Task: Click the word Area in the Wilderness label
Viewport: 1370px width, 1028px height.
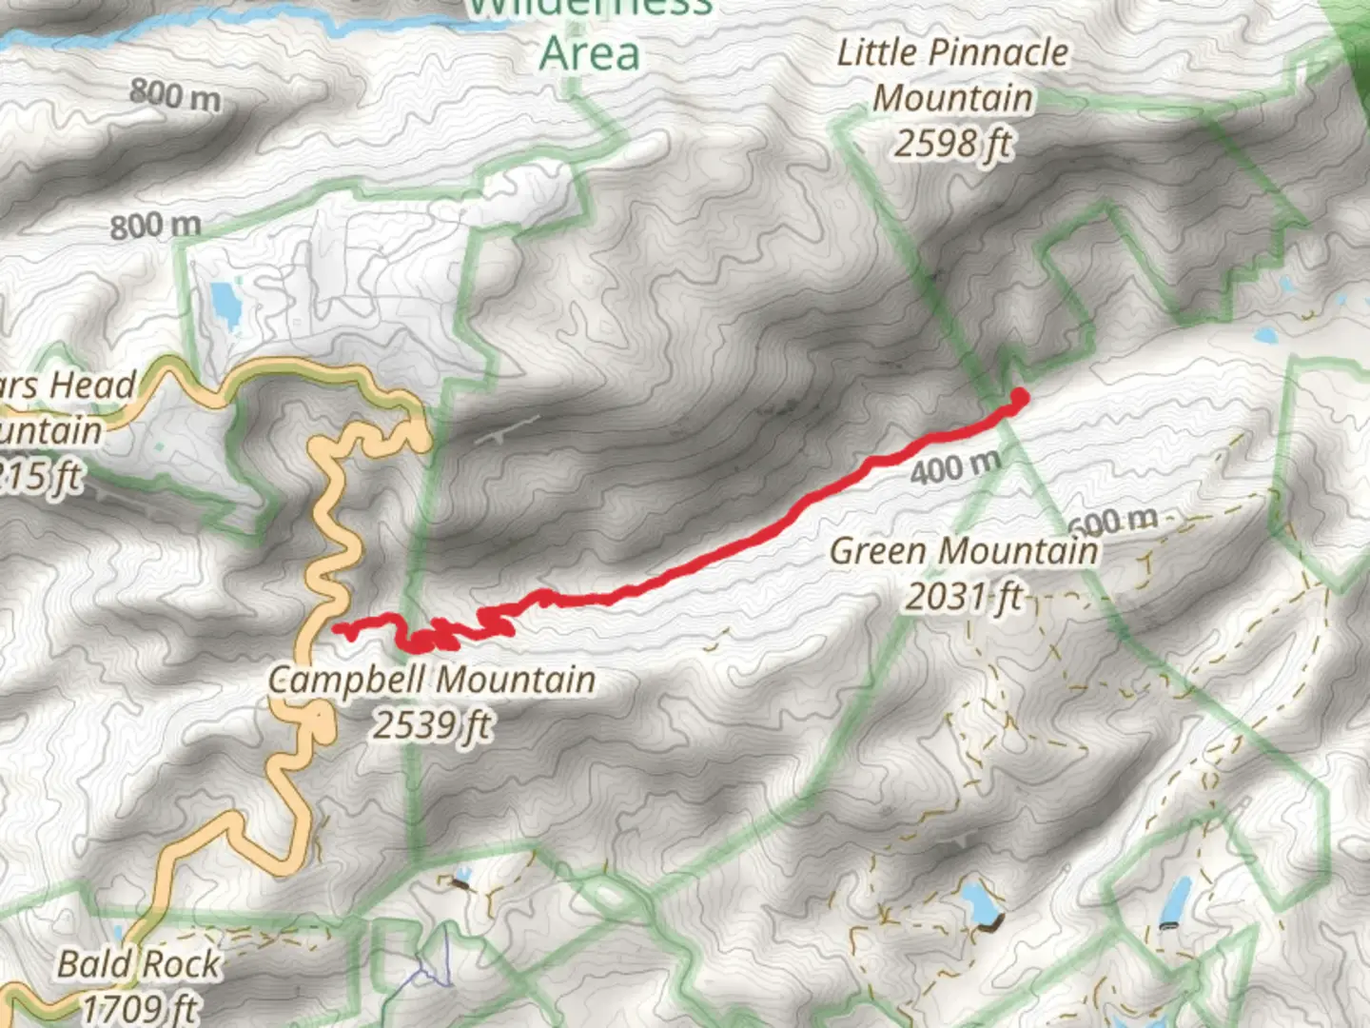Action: click(589, 53)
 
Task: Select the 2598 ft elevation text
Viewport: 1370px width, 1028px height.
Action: click(952, 144)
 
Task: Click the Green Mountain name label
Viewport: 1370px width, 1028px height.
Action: click(964, 551)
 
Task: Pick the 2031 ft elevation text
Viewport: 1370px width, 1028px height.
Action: click(962, 597)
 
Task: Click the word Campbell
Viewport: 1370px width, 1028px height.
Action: click(348, 680)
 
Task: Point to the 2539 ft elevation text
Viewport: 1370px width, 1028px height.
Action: click(431, 725)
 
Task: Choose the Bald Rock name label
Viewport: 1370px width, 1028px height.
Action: click(138, 964)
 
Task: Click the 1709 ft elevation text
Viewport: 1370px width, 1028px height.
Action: click(139, 1007)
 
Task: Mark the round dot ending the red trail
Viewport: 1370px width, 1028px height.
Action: click(1019, 396)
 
